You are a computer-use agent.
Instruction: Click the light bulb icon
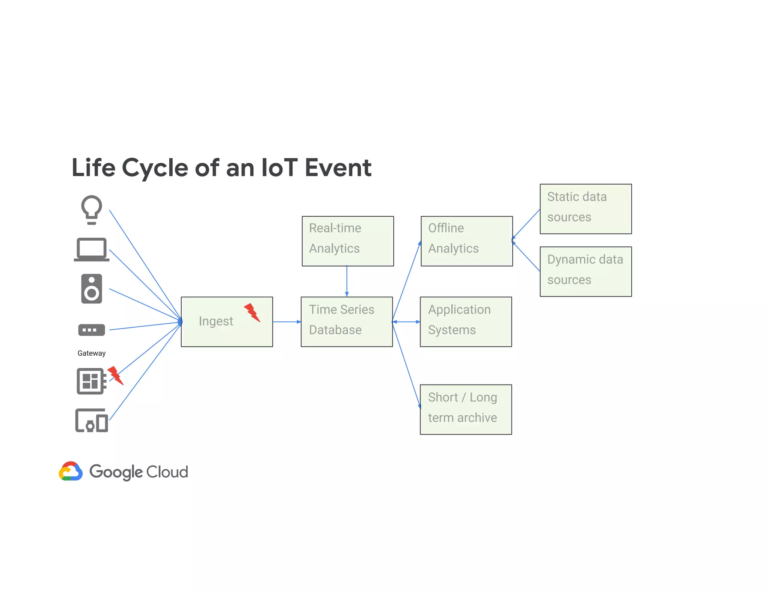92,209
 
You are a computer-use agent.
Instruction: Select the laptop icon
92,249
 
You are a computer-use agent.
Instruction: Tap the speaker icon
92,289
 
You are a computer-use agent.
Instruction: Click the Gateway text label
92,353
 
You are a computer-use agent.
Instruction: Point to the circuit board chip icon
91,381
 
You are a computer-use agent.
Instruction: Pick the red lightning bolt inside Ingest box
252,312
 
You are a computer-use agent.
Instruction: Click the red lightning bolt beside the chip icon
115,375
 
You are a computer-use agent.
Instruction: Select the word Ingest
216,321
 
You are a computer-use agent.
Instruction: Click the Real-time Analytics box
348,241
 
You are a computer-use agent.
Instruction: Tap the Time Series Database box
347,322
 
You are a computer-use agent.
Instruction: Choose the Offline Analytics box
466,241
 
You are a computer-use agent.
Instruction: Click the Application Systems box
466,322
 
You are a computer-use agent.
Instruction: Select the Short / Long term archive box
466,409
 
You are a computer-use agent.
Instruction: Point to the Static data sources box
585,209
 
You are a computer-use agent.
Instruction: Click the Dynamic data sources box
585,271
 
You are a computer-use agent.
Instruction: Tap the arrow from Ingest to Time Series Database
286,322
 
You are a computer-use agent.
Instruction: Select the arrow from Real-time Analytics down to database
347,281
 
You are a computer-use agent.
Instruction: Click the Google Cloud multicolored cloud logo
71,471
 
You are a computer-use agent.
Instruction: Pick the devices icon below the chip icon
92,421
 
